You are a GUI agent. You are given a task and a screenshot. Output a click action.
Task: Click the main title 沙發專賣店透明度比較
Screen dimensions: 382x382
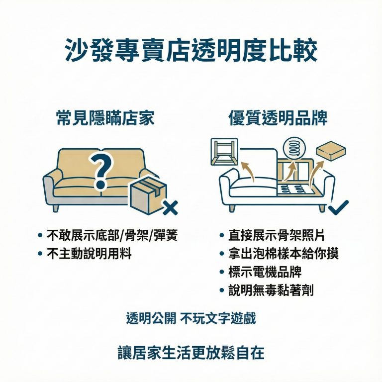click(191, 51)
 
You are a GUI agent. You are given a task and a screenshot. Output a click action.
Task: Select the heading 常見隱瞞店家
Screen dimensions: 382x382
click(105, 118)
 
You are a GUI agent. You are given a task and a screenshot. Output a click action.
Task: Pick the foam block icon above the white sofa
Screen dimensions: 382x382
click(331, 151)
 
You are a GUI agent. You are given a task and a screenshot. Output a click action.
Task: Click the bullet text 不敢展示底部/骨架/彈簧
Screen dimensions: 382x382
click(112, 235)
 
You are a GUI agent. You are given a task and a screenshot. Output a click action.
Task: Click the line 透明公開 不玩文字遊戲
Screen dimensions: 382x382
click(191, 318)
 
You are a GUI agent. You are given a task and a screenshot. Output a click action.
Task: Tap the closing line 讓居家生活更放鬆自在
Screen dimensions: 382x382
click(191, 352)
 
